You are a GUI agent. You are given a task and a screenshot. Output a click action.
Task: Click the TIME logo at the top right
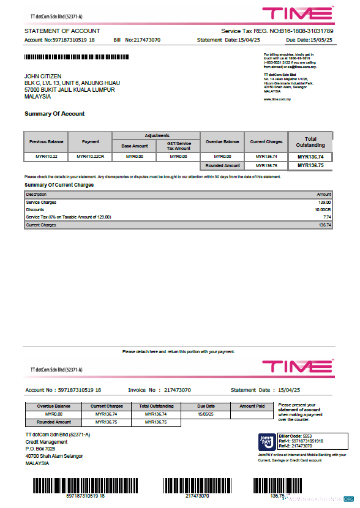[298, 13]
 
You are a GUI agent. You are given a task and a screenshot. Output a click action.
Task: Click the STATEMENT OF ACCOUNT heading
[62, 31]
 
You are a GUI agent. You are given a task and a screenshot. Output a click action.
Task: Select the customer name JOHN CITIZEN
[43, 76]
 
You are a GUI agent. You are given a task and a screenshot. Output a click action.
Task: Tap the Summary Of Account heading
[54, 114]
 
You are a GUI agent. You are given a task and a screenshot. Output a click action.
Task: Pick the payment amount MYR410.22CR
[91, 157]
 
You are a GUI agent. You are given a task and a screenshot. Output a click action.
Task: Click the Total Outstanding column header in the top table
[310, 142]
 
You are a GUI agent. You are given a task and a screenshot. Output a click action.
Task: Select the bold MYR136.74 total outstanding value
[310, 157]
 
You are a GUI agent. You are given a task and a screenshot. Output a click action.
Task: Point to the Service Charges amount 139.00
[324, 202]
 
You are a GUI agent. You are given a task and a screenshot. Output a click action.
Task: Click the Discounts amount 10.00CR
[323, 209]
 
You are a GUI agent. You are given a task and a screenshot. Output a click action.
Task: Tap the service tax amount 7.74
[326, 217]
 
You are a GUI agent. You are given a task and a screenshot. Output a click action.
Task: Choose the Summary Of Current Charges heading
[59, 184]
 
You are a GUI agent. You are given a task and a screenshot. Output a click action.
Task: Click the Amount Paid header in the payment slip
[252, 406]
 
